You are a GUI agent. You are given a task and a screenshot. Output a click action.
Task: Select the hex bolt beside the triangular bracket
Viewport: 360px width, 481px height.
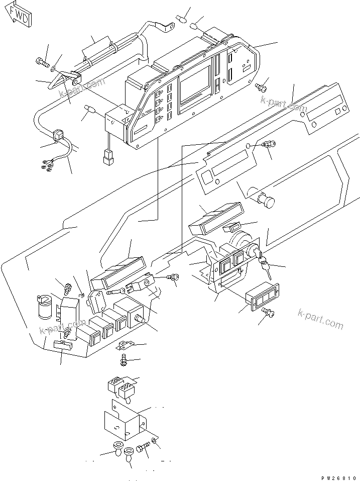41,63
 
